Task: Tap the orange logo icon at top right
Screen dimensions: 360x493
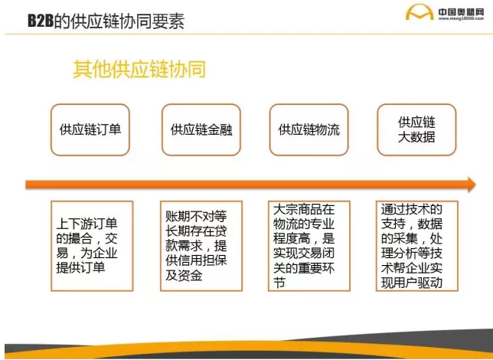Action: [418, 15]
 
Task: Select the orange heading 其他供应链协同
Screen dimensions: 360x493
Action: [139, 70]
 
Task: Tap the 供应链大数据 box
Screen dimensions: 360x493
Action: [416, 129]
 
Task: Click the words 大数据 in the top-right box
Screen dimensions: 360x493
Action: [416, 138]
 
